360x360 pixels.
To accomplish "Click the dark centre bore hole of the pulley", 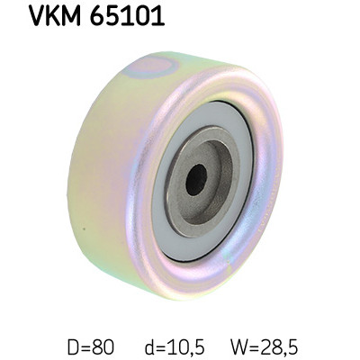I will coord(195,179).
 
